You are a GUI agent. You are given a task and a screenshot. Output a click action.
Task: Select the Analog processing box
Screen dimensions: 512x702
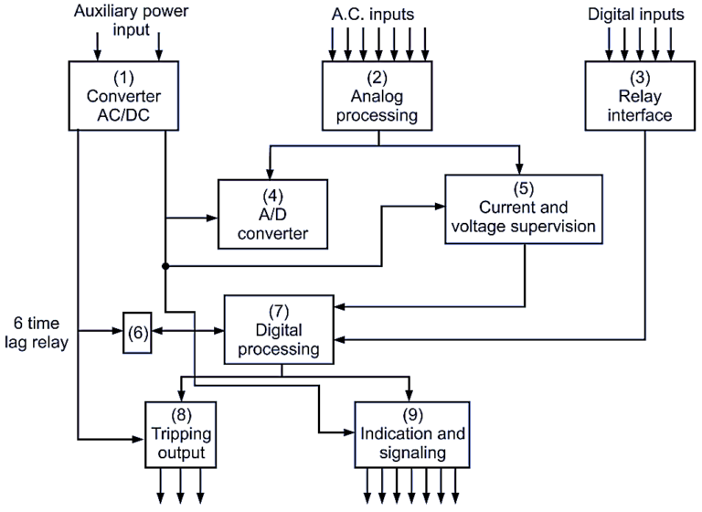point(378,94)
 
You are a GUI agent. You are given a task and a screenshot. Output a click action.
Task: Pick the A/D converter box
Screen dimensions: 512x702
point(271,213)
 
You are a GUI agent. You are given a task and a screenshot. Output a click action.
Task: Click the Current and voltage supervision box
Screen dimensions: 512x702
point(524,208)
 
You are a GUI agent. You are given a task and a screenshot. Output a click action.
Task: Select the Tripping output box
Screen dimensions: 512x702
point(186,433)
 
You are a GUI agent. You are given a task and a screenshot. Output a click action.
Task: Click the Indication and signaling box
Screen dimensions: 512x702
point(411,432)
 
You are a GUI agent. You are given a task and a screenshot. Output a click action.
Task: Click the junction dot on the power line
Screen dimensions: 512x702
point(165,266)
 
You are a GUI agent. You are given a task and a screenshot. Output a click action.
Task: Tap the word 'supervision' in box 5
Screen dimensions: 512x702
point(546,225)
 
